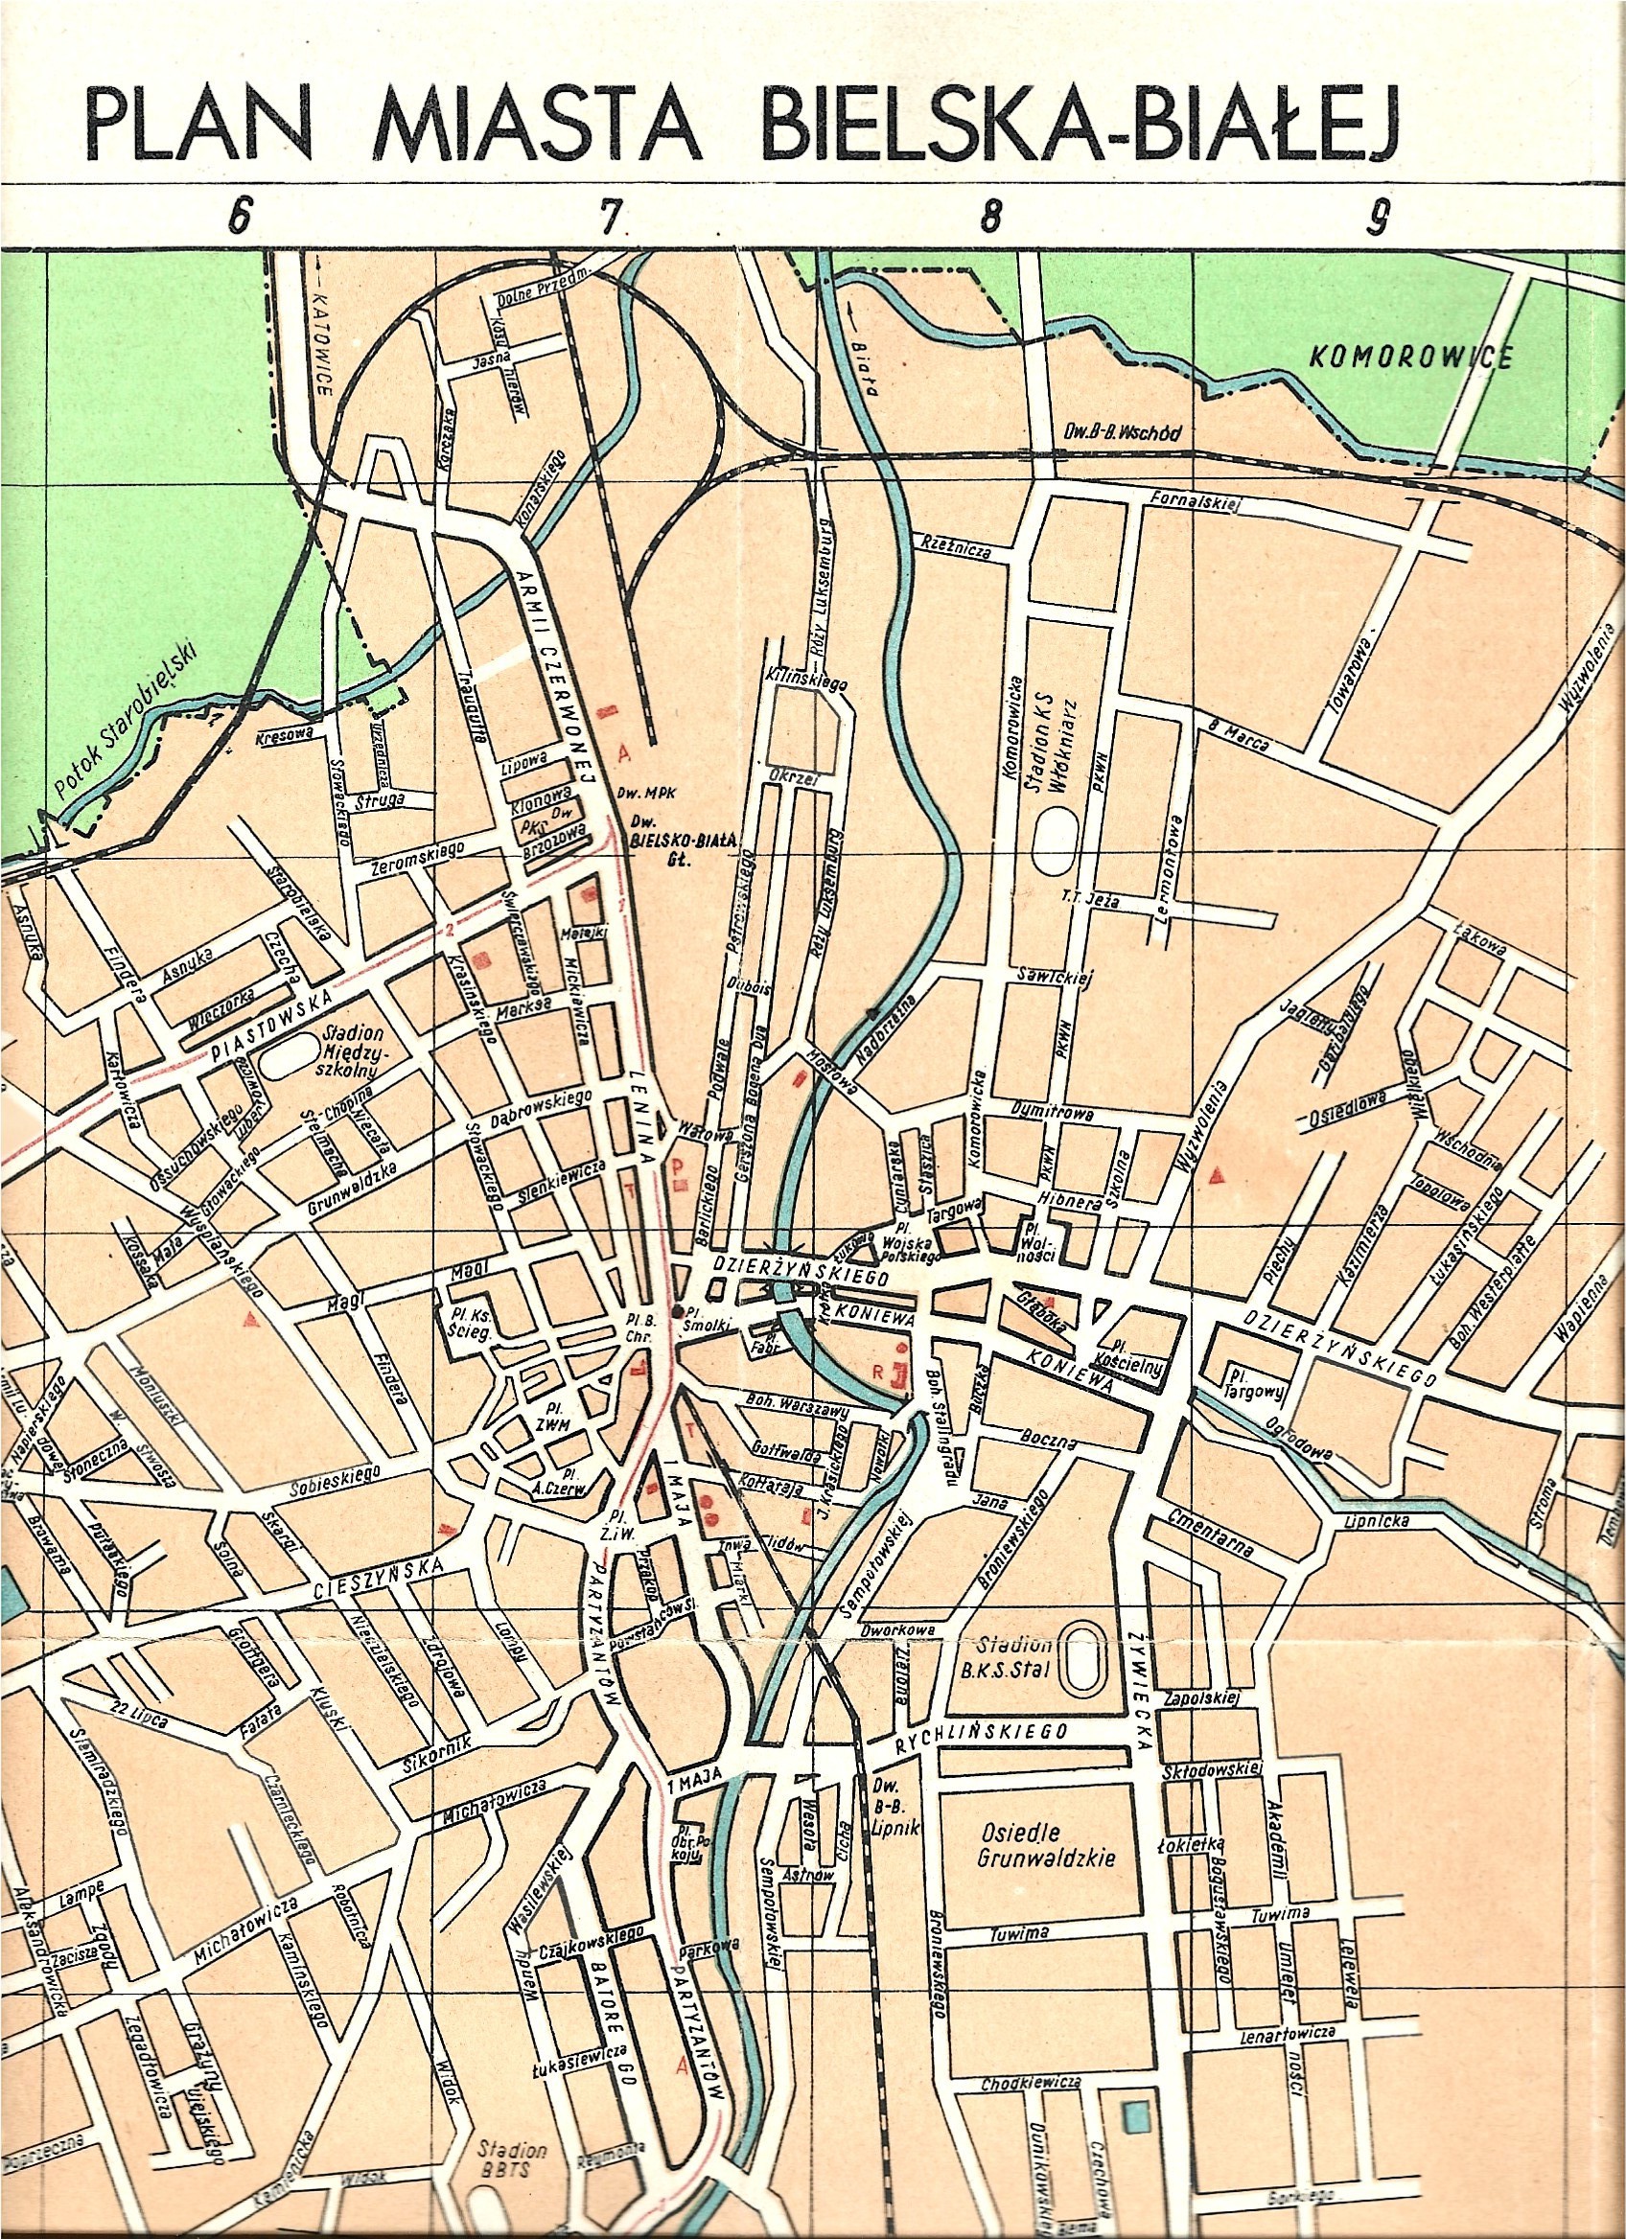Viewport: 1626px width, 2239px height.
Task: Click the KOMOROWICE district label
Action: click(x=1409, y=358)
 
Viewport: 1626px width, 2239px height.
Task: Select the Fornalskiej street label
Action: click(x=1195, y=502)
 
